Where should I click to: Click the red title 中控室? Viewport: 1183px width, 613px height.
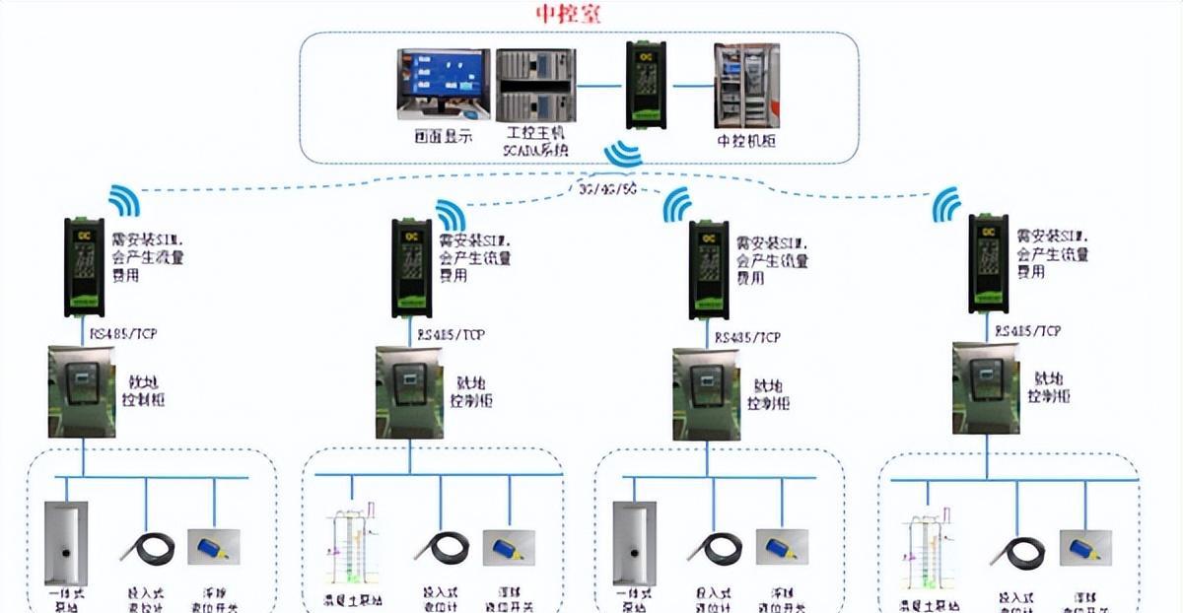567,15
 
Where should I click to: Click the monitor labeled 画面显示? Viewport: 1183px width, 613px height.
443,85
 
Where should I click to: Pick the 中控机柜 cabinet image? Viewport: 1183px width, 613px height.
746,86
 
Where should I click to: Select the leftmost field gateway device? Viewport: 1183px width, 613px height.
84,267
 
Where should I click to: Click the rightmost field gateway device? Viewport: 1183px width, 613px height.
989,261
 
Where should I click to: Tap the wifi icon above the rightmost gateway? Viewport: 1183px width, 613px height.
947,205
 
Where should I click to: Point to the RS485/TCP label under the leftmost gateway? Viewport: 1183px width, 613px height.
123,334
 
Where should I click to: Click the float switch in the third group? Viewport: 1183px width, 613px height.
782,546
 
